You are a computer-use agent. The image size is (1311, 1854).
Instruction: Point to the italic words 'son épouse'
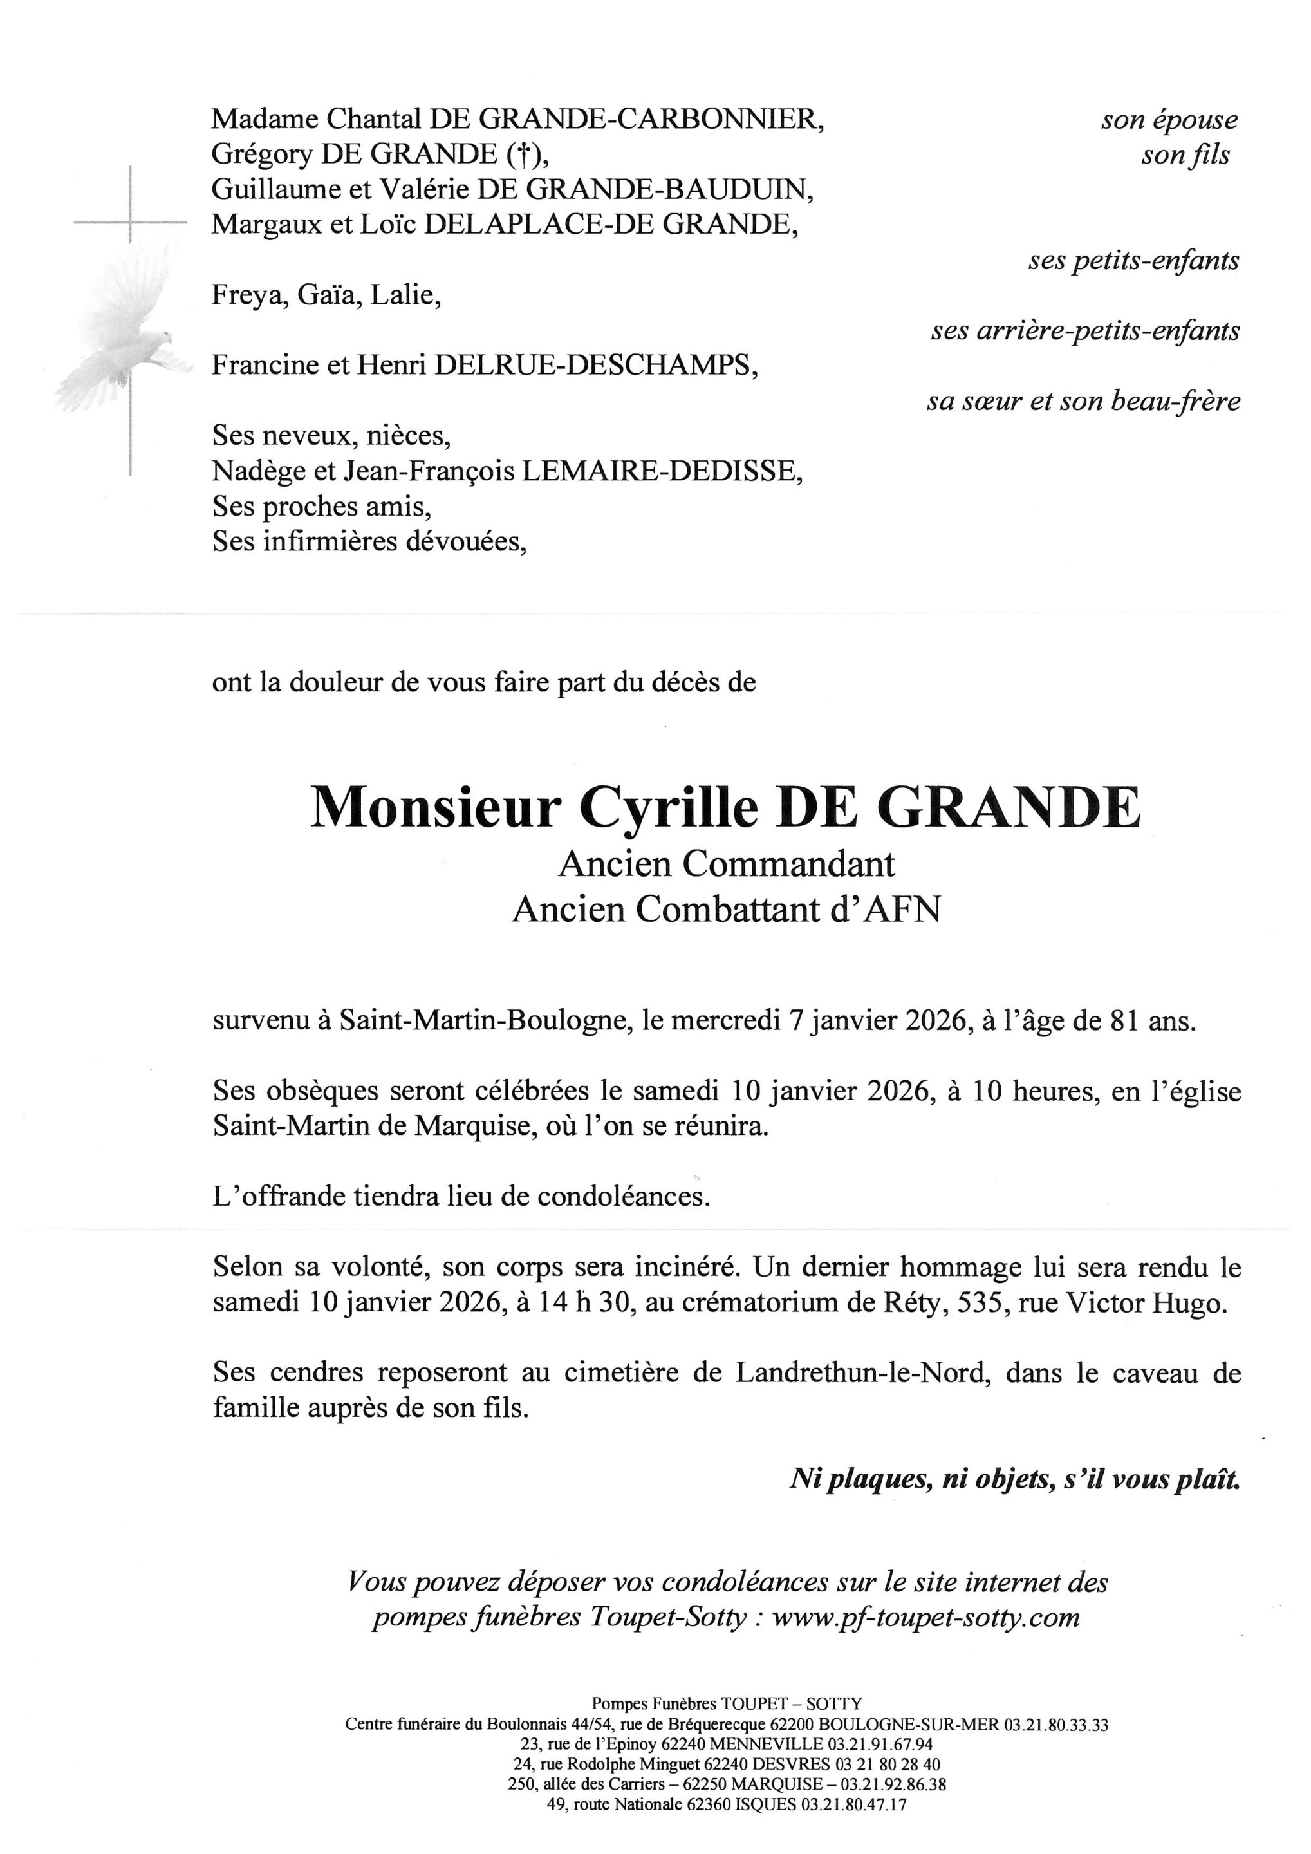tap(1169, 120)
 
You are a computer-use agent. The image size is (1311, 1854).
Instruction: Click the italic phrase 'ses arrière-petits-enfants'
tap(1085, 331)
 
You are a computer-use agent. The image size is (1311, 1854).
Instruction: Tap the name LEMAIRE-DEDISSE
tap(662, 472)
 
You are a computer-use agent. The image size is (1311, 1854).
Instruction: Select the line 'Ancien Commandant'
tap(727, 865)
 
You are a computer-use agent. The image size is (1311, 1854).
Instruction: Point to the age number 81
tap(1126, 1022)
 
